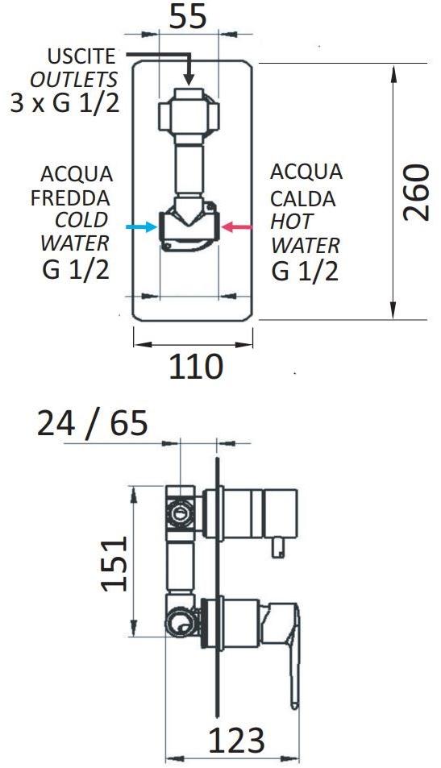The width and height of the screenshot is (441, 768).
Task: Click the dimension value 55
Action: (188, 18)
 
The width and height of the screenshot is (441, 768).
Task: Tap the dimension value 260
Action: (416, 193)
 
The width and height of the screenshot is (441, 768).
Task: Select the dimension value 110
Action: (196, 367)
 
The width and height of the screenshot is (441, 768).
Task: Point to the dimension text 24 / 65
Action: (92, 423)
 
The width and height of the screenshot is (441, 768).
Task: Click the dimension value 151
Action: (114, 564)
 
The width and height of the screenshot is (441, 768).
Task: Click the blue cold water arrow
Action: (142, 226)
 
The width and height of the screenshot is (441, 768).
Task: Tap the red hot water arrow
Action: (236, 226)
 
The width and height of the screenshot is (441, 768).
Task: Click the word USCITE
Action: (81, 56)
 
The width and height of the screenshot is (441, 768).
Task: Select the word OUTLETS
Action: (74, 79)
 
